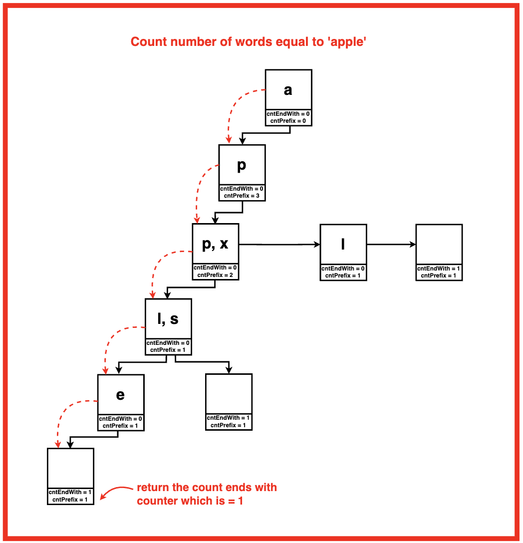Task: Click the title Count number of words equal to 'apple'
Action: (249, 42)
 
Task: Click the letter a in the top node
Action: (288, 90)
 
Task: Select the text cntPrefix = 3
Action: (242, 196)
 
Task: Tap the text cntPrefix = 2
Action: (215, 274)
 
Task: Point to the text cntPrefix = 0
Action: (288, 121)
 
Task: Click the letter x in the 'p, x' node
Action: (224, 244)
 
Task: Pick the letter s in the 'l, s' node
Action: (174, 319)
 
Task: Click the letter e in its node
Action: (120, 395)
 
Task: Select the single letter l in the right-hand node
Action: (343, 244)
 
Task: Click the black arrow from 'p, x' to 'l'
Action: (279, 245)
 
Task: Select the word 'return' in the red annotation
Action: (154, 488)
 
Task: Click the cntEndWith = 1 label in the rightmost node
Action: (439, 269)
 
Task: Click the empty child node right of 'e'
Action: (229, 394)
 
